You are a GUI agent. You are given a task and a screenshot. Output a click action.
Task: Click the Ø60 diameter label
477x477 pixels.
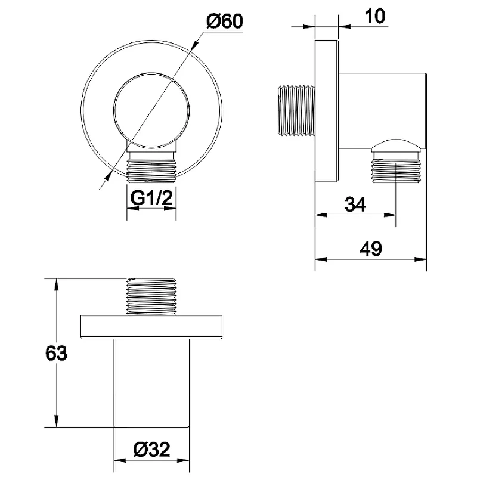click(x=225, y=21)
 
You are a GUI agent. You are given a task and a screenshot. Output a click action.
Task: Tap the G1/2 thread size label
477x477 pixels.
click(x=151, y=198)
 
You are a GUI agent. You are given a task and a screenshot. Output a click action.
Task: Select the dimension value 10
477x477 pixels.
click(x=375, y=16)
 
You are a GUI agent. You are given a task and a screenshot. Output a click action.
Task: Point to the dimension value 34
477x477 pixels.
click(x=355, y=205)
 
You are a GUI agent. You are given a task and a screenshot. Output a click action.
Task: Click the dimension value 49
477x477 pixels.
click(x=371, y=249)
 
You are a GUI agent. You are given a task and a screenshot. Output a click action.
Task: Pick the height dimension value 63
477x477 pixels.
click(x=56, y=353)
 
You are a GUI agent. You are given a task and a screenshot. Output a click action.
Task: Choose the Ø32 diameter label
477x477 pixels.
click(x=151, y=449)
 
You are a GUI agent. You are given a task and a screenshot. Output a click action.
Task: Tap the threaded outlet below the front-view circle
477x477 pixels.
click(x=151, y=167)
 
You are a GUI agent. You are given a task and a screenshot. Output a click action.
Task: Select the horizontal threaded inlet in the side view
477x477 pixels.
click(x=296, y=110)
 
